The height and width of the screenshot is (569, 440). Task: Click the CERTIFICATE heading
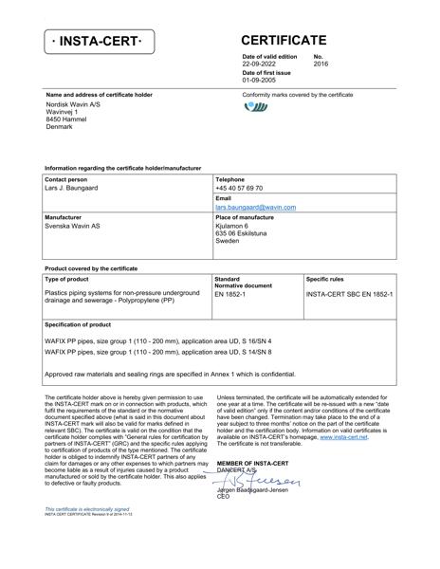click(284, 41)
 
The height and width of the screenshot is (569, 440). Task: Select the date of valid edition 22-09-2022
click(264, 64)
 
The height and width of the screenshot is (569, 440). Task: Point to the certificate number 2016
click(321, 64)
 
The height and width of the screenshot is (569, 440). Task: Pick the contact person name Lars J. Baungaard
click(71, 189)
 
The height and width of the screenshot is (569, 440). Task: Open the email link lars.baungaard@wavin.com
click(255, 207)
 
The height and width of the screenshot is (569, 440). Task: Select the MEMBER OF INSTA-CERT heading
click(253, 462)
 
